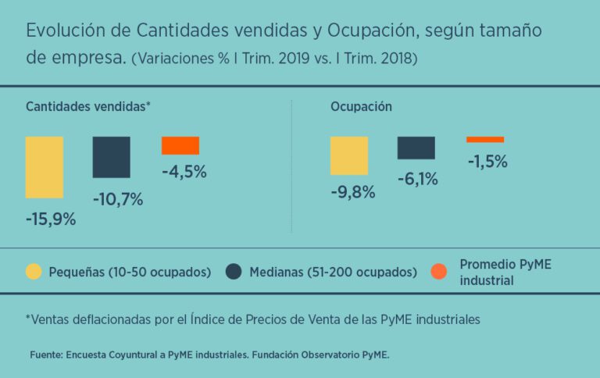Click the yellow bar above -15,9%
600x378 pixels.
coord(45,167)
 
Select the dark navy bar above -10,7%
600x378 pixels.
coord(111,157)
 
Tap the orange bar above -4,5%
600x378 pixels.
coord(180,145)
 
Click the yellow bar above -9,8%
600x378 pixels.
coord(348,155)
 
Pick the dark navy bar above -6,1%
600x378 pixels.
coord(416,148)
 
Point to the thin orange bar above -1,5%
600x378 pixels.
coord(485,140)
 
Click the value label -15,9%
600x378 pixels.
coord(51,219)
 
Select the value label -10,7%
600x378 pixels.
coord(118,199)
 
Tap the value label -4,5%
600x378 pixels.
coord(184,172)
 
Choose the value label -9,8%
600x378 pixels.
coord(352,192)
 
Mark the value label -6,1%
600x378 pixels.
coord(418,179)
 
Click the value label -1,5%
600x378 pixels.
coord(487,162)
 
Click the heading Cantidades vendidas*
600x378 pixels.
coord(87,107)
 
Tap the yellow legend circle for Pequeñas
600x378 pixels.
coord(34,272)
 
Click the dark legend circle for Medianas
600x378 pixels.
coord(233,272)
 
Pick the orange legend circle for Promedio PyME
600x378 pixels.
coord(439,272)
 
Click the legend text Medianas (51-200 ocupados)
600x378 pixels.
coord(333,272)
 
